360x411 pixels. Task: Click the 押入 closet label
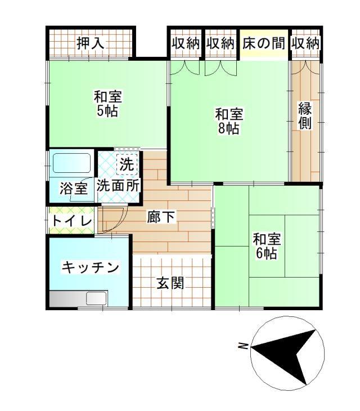[90, 43]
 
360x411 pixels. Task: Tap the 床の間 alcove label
[264, 43]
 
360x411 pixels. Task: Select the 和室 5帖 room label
[107, 104]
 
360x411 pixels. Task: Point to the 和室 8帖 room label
[229, 121]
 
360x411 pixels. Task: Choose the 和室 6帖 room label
[266, 245]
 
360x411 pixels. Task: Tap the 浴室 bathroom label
[74, 189]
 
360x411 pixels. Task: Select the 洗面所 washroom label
[119, 185]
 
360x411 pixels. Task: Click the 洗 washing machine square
[127, 164]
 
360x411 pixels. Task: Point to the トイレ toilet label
[71, 221]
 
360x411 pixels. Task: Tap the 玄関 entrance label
[170, 283]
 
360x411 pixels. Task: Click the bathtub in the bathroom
[71, 164]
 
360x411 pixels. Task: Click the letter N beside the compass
[242, 346]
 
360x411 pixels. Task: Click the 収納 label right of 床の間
[305, 43]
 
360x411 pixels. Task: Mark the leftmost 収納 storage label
[186, 43]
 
